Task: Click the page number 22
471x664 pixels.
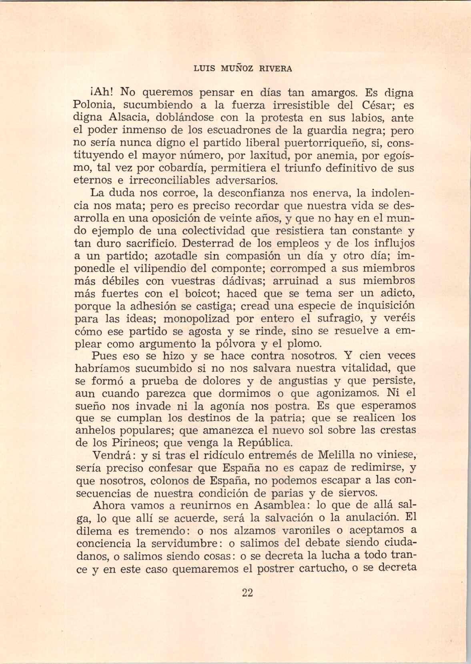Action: pos(248,593)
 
